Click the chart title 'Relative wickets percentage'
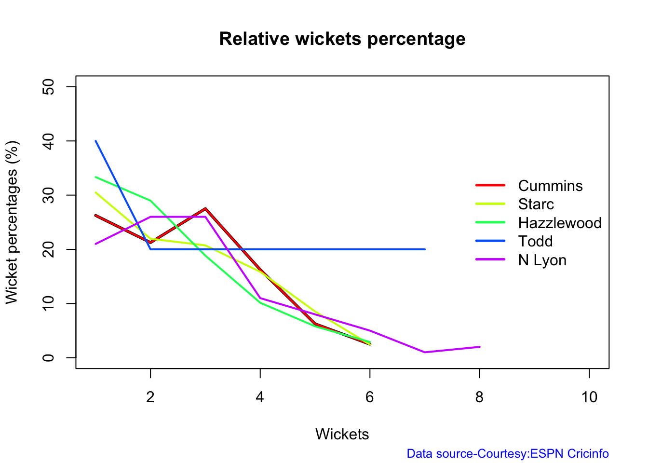342,39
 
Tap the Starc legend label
536,204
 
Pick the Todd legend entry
535,241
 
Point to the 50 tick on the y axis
48,87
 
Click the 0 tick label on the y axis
48,357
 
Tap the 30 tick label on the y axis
48,195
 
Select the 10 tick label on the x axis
589,397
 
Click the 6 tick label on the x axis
370,397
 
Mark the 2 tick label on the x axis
150,397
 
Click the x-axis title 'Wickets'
342,434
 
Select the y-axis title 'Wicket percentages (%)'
12,222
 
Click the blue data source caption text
507,453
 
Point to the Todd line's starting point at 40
96,141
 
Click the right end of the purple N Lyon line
480,347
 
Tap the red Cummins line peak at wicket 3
205,209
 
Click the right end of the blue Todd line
425,249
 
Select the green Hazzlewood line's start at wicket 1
96,177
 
